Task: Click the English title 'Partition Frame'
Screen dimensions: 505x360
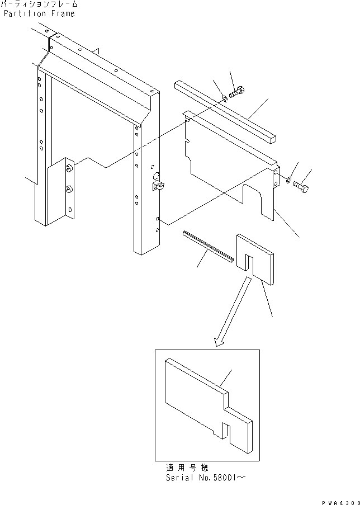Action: click(x=39, y=13)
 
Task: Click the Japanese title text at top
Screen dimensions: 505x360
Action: click(x=39, y=4)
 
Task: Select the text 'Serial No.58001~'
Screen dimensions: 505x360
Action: click(x=205, y=478)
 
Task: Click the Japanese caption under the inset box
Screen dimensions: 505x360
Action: click(x=186, y=468)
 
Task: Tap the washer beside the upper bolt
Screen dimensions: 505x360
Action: click(x=224, y=98)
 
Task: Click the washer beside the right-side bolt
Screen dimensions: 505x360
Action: click(x=287, y=180)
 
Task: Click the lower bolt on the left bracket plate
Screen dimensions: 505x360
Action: click(x=68, y=190)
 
